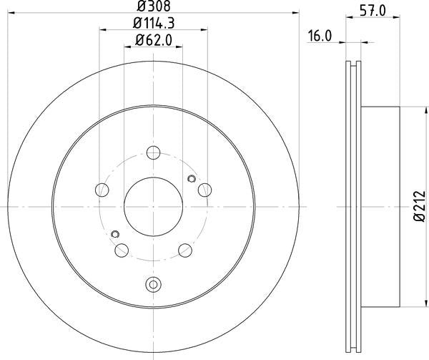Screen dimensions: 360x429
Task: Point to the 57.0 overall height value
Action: [x=368, y=10]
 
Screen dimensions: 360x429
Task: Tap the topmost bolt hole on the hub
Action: [x=153, y=152]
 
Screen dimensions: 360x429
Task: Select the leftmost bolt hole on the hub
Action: [x=102, y=190]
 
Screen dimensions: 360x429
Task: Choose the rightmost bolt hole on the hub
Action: [x=205, y=190]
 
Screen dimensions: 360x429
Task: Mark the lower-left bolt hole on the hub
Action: [x=122, y=249]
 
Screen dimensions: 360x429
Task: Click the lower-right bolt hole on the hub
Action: [x=184, y=249]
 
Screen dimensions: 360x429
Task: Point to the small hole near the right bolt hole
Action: [x=190, y=179]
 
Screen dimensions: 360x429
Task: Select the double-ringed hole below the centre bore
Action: [x=153, y=284]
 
